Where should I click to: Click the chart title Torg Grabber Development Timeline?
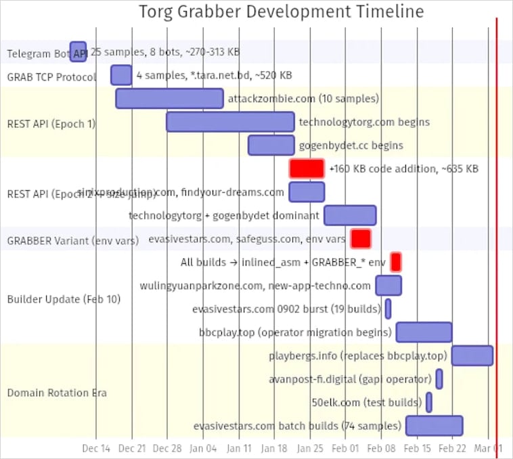[281, 12]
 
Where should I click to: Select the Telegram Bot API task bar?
[78, 51]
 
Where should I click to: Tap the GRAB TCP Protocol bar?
[121, 75]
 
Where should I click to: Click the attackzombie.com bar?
[169, 98]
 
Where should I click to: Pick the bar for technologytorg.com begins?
[230, 122]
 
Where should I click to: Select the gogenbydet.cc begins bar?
[271, 146]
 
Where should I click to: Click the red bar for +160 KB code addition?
[307, 169]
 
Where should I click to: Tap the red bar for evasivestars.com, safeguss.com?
[361, 238]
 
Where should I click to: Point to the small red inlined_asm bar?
[396, 261]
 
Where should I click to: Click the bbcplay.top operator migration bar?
[424, 332]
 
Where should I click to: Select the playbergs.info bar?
[472, 355]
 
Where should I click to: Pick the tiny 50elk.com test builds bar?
[428, 402]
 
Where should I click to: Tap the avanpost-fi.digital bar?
[439, 379]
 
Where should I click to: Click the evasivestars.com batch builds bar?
[434, 426]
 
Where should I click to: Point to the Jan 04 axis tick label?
[203, 448]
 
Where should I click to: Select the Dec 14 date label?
[96, 448]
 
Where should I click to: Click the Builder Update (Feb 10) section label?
[63, 299]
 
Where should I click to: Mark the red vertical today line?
[497, 230]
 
